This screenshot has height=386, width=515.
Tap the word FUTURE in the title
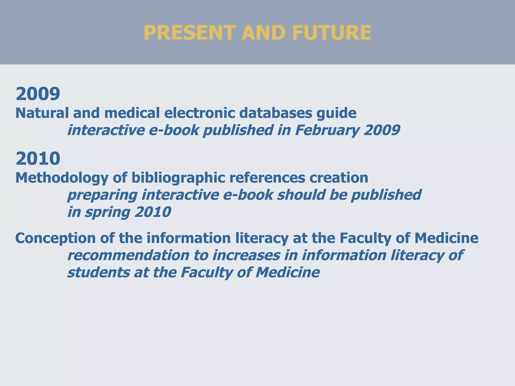tap(332, 33)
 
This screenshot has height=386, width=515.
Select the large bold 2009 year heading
tap(38, 93)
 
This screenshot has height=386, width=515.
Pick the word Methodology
tap(62, 178)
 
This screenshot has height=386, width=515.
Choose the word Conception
tap(56, 238)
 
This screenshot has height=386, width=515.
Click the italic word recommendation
tap(128, 255)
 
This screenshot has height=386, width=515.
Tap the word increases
tap(246, 255)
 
